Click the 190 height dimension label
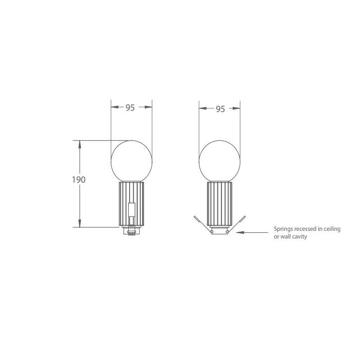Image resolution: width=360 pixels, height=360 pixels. (79, 180)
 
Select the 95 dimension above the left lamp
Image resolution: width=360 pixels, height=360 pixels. (130, 108)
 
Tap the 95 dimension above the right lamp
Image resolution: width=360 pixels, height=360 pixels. (220, 109)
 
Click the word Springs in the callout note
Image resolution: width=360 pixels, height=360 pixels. (283, 229)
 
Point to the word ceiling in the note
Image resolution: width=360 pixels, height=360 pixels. (332, 229)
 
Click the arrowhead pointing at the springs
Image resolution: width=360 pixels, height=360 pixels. (240, 232)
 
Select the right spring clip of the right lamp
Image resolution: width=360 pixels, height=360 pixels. (236, 224)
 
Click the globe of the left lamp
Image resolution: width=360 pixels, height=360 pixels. (131, 161)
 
